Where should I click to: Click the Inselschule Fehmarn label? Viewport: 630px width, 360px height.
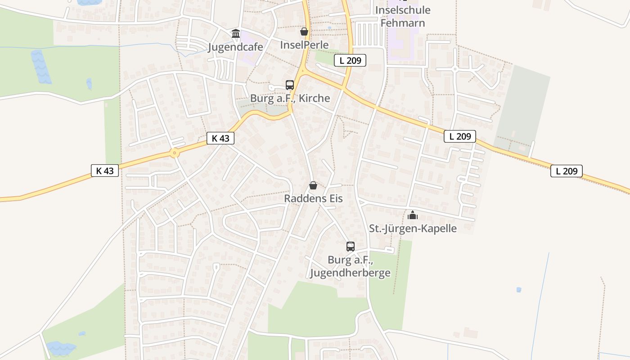403,16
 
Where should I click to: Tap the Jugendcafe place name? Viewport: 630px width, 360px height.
235,47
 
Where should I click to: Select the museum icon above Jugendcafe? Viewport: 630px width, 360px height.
236,33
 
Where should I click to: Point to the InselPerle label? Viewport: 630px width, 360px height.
304,45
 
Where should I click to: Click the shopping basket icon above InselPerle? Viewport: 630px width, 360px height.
304,31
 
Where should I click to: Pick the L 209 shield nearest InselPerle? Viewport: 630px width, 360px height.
350,60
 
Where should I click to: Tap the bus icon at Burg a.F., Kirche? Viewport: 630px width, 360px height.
290,85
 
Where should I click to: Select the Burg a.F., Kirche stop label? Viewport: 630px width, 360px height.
290,98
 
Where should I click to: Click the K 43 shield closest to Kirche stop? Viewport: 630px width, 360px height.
220,138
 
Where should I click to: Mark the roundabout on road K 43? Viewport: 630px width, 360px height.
175,153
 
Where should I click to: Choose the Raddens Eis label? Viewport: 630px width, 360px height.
313,198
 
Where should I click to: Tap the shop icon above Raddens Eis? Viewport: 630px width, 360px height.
313,185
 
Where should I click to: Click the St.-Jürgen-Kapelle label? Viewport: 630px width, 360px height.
413,228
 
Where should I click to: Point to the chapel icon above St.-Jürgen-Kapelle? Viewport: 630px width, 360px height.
413,216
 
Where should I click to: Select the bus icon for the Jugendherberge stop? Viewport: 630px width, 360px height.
351,247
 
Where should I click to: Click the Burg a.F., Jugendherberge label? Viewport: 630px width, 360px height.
350,266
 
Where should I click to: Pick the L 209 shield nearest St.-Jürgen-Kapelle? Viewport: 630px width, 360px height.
460,136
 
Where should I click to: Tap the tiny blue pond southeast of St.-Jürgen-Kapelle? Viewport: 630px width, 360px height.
519,290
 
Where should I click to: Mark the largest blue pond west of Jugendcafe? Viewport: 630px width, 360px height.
40,67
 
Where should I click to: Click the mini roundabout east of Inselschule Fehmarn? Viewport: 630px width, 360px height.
455,69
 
